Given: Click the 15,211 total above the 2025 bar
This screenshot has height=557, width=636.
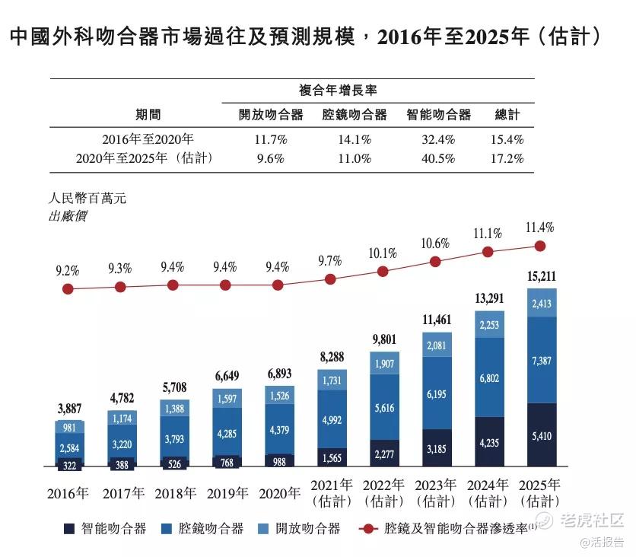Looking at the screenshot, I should coord(541,275).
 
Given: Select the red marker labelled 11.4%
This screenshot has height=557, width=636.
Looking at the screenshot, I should coord(541,246).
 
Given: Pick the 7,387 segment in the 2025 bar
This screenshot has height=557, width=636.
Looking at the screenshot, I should coord(541,360).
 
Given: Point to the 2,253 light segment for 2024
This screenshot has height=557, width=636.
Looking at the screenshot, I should coord(488,324).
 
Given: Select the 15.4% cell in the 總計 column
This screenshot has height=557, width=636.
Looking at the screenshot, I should coord(507,140).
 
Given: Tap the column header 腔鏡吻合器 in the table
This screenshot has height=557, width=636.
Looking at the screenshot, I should coord(355,115).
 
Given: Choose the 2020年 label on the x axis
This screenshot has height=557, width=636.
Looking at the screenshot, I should coord(278,492).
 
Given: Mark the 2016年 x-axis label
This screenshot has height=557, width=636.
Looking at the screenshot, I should coord(67,492).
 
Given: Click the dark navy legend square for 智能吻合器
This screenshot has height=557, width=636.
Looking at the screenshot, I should coord(68,528).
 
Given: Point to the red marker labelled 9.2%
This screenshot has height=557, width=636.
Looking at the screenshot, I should coord(68,289).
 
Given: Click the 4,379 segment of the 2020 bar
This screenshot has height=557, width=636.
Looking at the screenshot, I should coord(278,429).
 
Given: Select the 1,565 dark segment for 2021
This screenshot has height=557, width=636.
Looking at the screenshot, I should coord(330,457).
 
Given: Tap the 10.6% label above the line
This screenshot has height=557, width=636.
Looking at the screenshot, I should coord(435,243).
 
